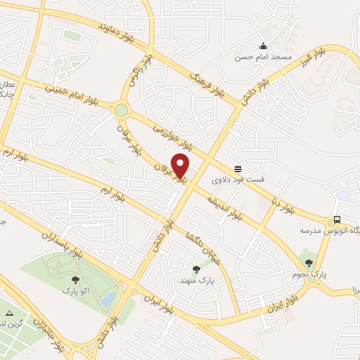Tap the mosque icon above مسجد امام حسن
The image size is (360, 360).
tap(263, 45)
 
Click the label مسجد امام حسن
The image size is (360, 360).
tap(262, 57)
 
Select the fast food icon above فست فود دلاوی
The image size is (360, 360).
tap(238, 169)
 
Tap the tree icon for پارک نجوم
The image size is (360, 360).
tap(309, 263)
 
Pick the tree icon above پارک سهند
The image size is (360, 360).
tap(196, 269)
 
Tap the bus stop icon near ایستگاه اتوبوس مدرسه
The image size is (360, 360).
tap(337, 219)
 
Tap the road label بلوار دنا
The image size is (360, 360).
tap(281, 196)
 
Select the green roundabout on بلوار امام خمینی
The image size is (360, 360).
tap(122, 110)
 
